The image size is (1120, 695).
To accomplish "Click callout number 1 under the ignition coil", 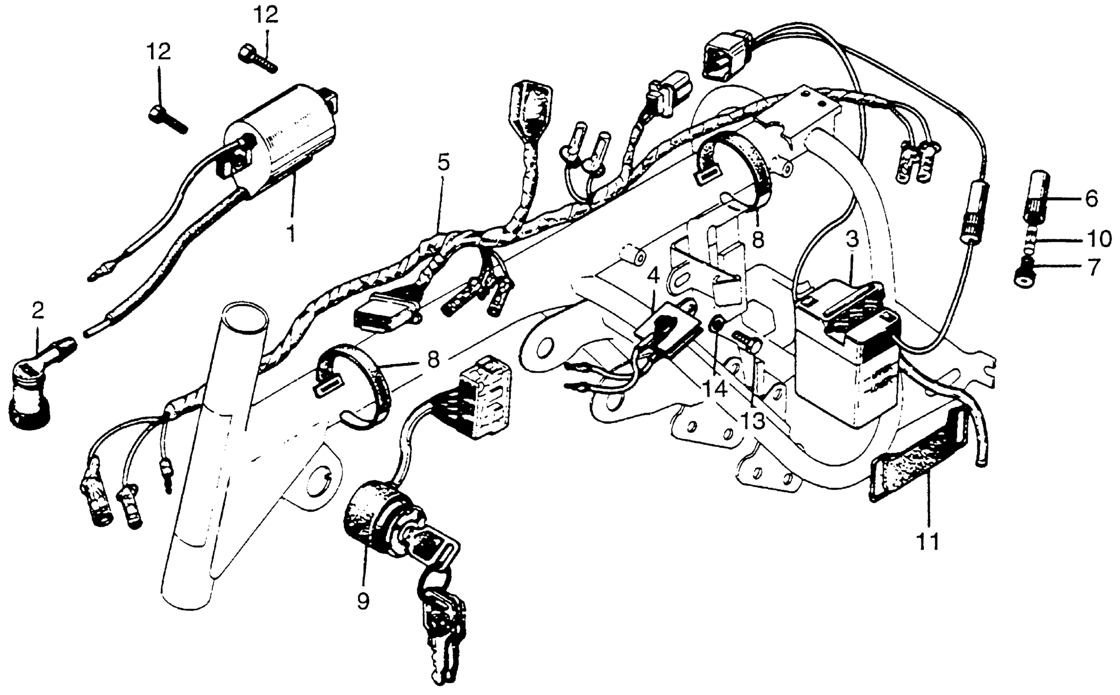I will pyautogui.click(x=291, y=233).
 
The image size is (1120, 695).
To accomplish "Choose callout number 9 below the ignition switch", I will pyautogui.click(x=363, y=601).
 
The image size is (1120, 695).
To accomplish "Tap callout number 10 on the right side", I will pyautogui.click(x=1098, y=240).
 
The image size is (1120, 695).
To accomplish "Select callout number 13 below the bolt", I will pyautogui.click(x=753, y=421).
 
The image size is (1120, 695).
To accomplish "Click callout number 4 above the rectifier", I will pyautogui.click(x=653, y=277).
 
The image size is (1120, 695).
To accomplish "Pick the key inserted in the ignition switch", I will pyautogui.click(x=435, y=547).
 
